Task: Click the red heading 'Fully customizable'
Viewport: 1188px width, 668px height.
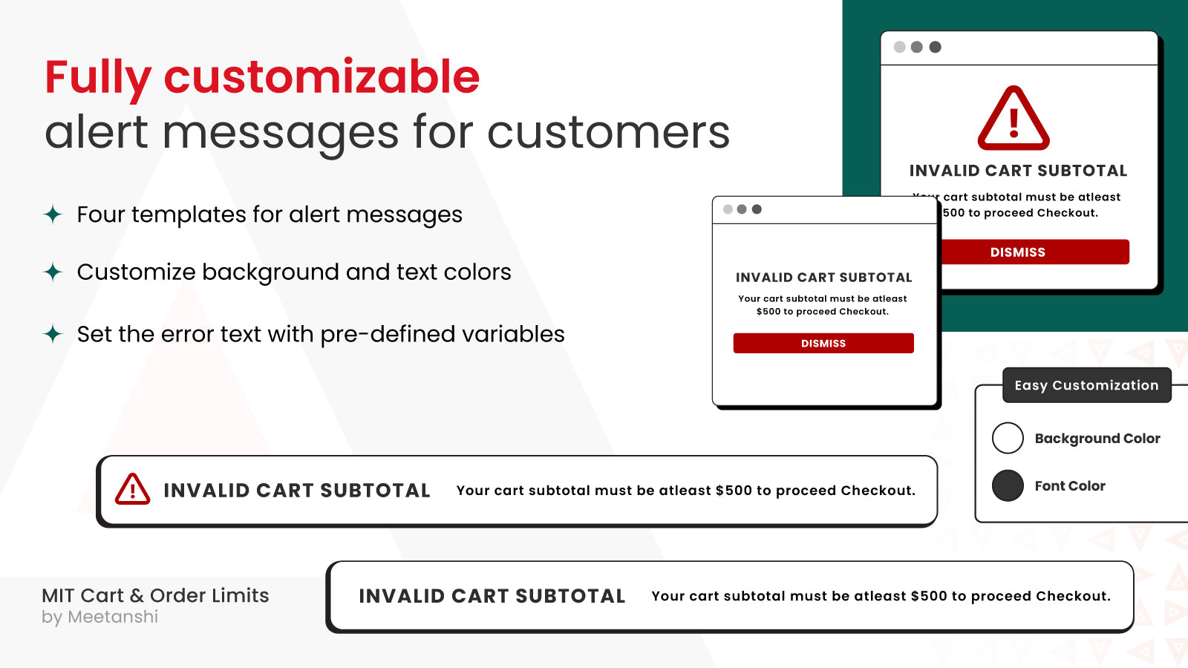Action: pyautogui.click(x=262, y=77)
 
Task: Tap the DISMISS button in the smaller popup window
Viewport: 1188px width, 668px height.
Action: pyautogui.click(x=823, y=343)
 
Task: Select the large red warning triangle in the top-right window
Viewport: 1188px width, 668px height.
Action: pyautogui.click(x=1014, y=119)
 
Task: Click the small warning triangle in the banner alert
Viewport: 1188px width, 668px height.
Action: pyautogui.click(x=133, y=489)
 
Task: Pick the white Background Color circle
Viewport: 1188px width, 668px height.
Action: pyautogui.click(x=1008, y=438)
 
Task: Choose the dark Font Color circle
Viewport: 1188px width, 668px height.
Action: pyautogui.click(x=1008, y=485)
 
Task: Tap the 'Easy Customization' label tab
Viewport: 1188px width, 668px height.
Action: pyautogui.click(x=1086, y=385)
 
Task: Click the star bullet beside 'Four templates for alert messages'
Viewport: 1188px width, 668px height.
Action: pyautogui.click(x=53, y=215)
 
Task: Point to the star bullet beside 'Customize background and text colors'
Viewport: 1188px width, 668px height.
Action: pyautogui.click(x=53, y=272)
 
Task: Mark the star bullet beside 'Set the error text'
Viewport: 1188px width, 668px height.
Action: pyautogui.click(x=53, y=334)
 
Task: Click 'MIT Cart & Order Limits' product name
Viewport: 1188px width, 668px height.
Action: pyautogui.click(x=155, y=595)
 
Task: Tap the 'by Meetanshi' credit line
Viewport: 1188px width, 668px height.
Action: pyautogui.click(x=100, y=617)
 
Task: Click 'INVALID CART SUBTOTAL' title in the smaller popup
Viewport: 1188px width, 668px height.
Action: pyautogui.click(x=823, y=278)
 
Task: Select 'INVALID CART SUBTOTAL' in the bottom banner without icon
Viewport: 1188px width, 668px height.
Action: pyautogui.click(x=492, y=596)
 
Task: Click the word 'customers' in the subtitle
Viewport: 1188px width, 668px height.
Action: pyautogui.click(x=608, y=132)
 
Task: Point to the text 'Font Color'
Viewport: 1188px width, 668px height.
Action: pyautogui.click(x=1070, y=486)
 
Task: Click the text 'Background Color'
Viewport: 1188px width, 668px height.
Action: pyautogui.click(x=1097, y=439)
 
